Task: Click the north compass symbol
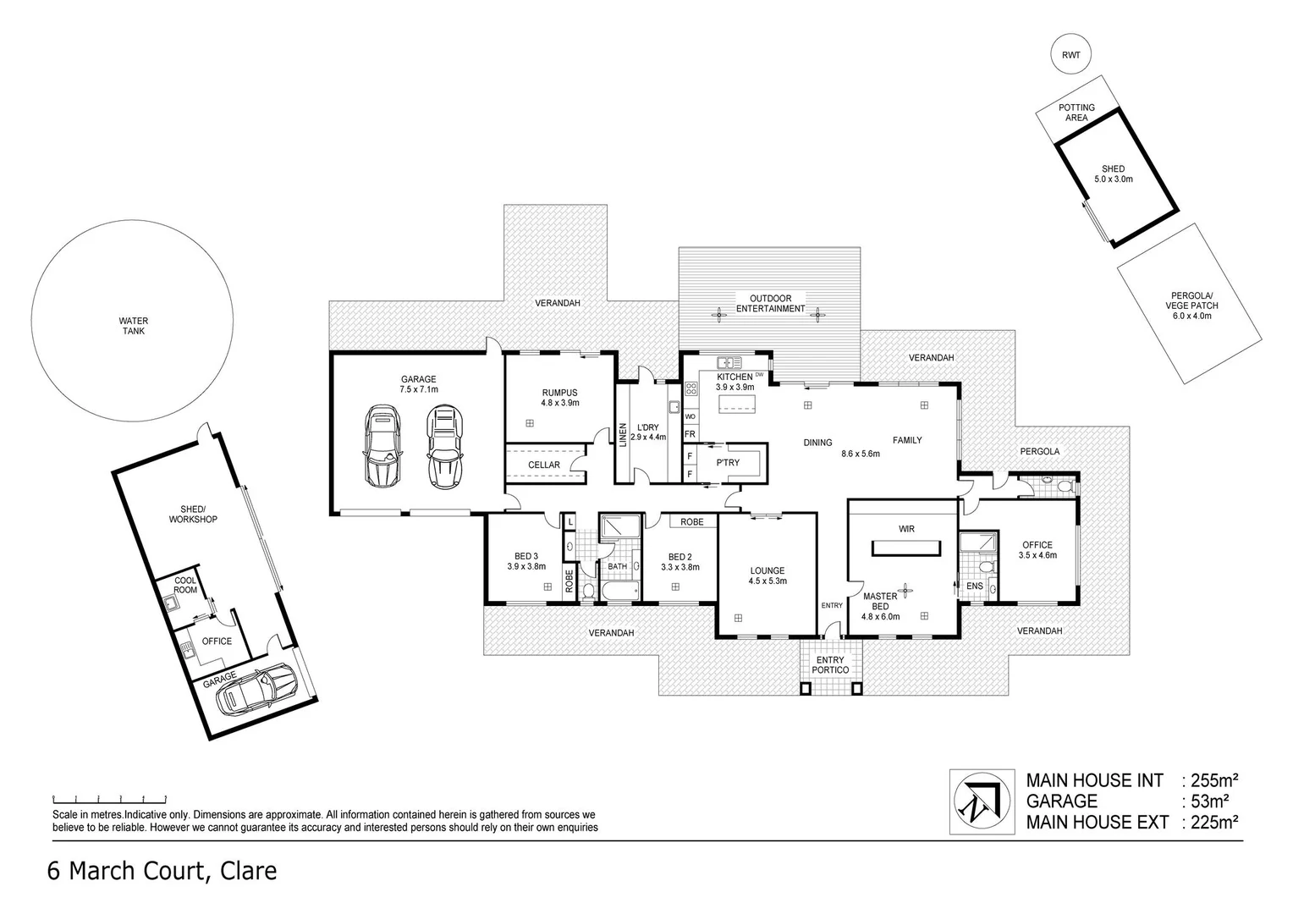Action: tap(982, 801)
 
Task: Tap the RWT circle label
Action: tap(1070, 55)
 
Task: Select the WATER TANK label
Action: tap(134, 326)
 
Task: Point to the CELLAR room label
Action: tap(544, 465)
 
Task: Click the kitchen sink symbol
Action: tap(729, 362)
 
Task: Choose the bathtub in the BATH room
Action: tap(619, 590)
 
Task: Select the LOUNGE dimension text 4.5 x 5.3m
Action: tap(768, 581)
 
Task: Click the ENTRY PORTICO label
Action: tap(830, 664)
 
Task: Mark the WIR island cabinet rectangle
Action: tap(905, 548)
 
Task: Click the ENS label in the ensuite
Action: tap(974, 586)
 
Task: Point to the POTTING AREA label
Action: tap(1076, 113)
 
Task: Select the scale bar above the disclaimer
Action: tap(110, 800)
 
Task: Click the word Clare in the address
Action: tap(248, 871)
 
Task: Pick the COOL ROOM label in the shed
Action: tap(185, 585)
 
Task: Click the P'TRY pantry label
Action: tap(728, 462)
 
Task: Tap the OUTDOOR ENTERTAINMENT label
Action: tap(770, 304)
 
